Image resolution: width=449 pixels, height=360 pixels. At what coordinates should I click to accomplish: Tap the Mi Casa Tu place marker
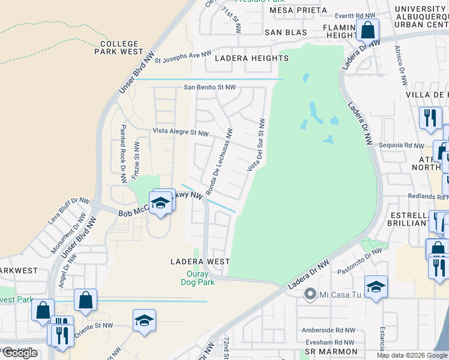[310, 294]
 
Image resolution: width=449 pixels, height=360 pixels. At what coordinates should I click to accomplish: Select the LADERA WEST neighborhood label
[200, 262]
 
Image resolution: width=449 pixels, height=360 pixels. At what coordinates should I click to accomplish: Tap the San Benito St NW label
[209, 87]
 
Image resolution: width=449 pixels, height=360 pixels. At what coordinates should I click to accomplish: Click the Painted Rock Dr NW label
[123, 154]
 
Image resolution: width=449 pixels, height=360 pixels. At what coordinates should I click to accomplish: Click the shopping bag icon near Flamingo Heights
[367, 29]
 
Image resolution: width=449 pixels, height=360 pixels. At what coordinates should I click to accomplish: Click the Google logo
[20, 353]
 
